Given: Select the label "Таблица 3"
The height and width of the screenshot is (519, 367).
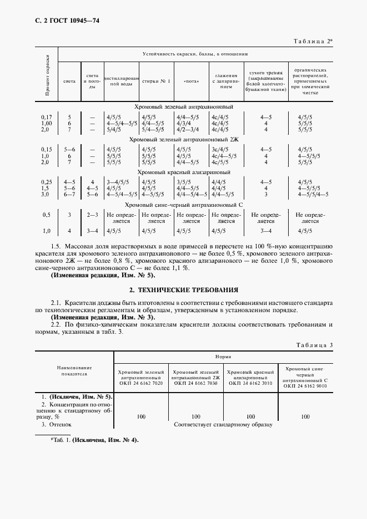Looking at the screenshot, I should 314,345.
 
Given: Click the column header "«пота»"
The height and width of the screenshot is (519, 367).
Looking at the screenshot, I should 190,82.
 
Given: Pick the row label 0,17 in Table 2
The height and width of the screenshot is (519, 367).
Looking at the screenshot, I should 46,117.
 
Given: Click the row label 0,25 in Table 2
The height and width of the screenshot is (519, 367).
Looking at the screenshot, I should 46,181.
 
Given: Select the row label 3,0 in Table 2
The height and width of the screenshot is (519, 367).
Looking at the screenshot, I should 46,194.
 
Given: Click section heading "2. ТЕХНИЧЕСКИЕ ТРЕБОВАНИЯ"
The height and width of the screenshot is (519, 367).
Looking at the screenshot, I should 183,289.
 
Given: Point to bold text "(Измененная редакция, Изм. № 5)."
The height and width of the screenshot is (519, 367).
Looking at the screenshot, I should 103,275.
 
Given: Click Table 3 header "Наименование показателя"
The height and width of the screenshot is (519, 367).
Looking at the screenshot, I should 74,370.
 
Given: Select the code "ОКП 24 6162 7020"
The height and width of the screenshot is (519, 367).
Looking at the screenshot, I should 141,383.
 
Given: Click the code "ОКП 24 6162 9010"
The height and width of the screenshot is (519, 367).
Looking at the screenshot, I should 305,386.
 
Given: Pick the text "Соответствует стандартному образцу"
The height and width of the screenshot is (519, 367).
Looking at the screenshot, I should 223,424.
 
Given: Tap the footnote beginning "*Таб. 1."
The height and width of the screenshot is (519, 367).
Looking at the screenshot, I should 94,440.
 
